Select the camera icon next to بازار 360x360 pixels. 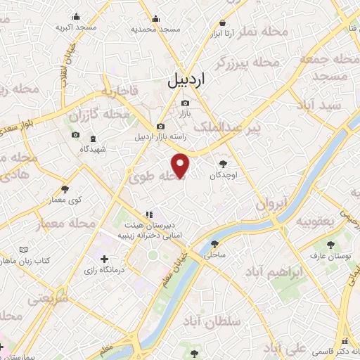(185, 103)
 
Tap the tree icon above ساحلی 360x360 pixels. (213, 244)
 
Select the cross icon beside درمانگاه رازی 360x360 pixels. (105, 259)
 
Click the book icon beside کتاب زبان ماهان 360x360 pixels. (25, 250)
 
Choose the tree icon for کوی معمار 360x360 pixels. (65, 188)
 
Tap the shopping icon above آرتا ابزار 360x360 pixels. (224, 22)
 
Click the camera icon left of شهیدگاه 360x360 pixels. (75, 135)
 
